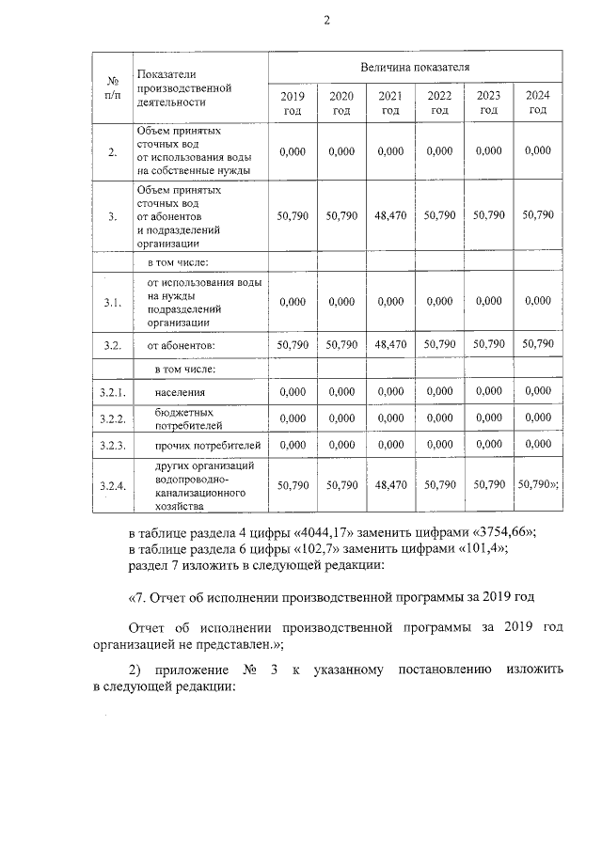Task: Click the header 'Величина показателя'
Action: coord(415,67)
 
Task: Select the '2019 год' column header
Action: coord(293,103)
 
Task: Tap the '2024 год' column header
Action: coord(538,103)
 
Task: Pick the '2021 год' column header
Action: coord(390,103)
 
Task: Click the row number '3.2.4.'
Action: coord(112,485)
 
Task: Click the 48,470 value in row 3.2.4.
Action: coord(390,485)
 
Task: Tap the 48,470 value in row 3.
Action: coord(390,215)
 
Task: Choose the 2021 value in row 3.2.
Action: coord(390,345)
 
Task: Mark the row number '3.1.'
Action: coord(112,302)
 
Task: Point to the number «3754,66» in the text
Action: coord(499,531)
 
